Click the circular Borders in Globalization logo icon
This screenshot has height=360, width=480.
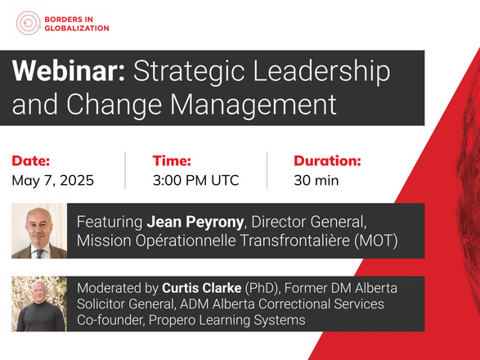point(29,23)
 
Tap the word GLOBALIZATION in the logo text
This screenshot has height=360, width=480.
point(77,28)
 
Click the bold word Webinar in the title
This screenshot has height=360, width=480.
point(69,71)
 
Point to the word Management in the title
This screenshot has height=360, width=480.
point(253,105)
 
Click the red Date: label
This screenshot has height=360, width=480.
point(30,161)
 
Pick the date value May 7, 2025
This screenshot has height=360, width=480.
point(52,180)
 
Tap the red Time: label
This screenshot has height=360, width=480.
point(172,161)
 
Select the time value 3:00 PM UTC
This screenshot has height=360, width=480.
point(196,180)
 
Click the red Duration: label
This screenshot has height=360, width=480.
point(327,161)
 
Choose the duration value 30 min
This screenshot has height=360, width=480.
point(316,180)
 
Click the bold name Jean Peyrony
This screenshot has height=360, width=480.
point(195,222)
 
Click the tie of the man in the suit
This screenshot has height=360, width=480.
point(40,254)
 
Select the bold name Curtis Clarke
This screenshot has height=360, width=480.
point(202,288)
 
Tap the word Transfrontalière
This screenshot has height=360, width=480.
point(295,241)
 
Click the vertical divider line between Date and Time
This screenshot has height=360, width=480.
point(125,171)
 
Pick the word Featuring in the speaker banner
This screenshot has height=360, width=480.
point(110,222)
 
